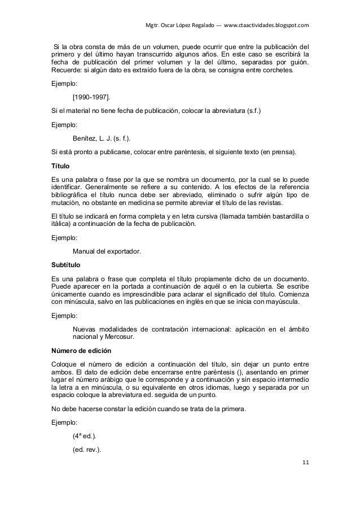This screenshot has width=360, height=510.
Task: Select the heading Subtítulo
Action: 66,264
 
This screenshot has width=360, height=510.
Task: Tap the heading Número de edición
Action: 81,351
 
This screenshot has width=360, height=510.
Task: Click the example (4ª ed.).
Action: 85,437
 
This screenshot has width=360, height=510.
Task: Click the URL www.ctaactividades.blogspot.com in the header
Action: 267,25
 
